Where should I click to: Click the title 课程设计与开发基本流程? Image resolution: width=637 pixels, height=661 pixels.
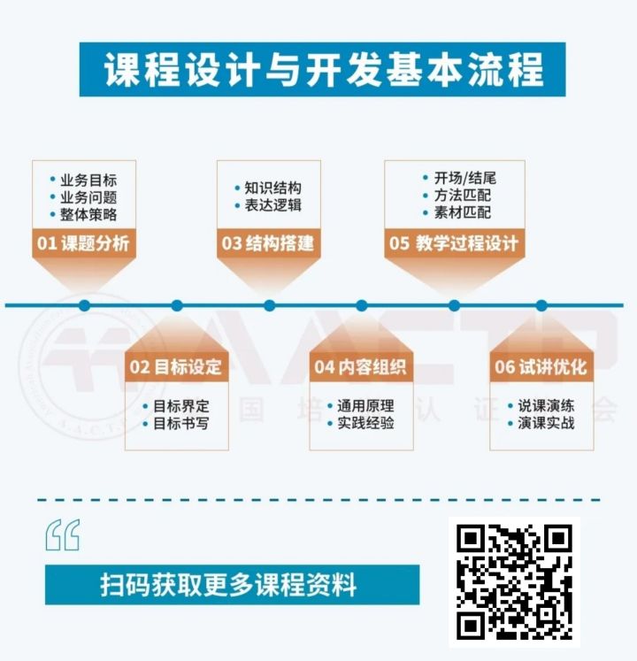[x=323, y=70]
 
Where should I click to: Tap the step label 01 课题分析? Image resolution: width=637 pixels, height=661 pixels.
[x=83, y=243]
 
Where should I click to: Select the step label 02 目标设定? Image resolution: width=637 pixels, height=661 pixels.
[x=175, y=366]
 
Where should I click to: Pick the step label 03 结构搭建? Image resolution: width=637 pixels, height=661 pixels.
[x=268, y=243]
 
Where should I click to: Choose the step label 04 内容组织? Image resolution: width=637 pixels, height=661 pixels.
[x=360, y=366]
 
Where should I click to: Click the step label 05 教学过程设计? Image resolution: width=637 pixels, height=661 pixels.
[x=454, y=243]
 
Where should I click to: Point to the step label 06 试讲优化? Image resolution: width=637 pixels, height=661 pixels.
[x=541, y=366]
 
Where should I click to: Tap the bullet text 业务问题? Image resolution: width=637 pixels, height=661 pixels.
[x=88, y=197]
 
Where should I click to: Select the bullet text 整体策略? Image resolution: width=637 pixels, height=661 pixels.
[x=88, y=214]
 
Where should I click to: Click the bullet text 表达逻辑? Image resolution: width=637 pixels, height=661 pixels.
[x=273, y=205]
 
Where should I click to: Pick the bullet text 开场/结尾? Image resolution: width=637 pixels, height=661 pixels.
[x=465, y=179]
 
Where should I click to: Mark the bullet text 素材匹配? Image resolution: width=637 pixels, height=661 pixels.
[x=463, y=212]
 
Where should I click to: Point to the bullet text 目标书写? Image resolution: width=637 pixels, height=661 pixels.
[x=181, y=423]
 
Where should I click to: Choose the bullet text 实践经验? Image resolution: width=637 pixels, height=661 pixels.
[x=366, y=423]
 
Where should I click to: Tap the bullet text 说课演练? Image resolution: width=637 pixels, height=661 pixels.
[x=547, y=406]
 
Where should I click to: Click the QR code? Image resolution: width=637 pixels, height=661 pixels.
[x=514, y=581]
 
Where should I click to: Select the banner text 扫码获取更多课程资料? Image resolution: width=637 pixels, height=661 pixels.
[x=228, y=585]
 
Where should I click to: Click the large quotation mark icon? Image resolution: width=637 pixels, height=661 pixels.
[x=63, y=535]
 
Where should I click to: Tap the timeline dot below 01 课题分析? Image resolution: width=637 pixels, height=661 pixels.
[x=84, y=305]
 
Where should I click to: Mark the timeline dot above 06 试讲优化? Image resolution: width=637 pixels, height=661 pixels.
[x=541, y=305]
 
